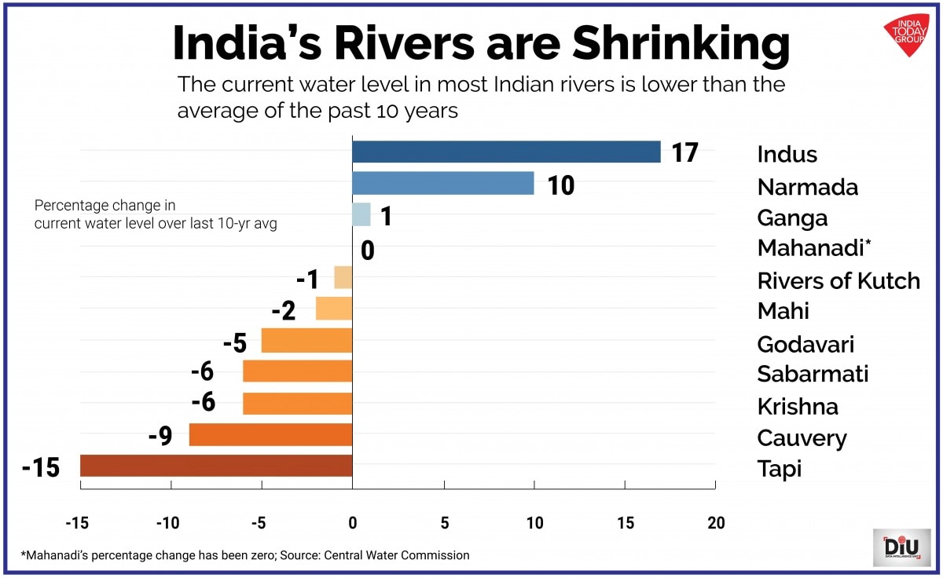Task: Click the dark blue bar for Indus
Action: (506, 152)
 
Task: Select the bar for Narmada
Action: (442, 184)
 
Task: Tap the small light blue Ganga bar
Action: (361, 214)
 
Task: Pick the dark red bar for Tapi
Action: (216, 466)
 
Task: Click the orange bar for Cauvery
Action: (270, 434)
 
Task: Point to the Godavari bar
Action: (306, 341)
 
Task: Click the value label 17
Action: (685, 152)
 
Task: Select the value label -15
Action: (41, 469)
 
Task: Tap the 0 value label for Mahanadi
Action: (367, 251)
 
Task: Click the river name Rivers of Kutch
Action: (838, 280)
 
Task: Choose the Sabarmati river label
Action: (813, 374)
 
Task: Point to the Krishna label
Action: (797, 406)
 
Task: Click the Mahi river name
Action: (783, 311)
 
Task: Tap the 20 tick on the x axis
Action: (715, 522)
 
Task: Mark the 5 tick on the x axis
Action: (444, 522)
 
